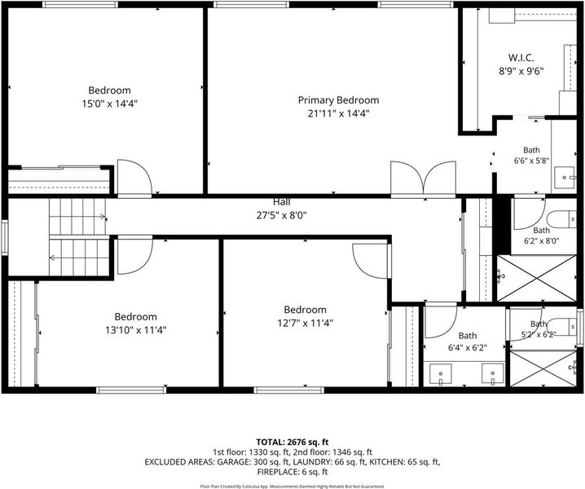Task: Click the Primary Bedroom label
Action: [x=338, y=100]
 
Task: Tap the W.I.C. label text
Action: [x=521, y=58]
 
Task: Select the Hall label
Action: [x=282, y=202]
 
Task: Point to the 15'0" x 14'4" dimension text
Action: [x=110, y=104]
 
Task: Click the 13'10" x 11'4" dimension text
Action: [x=135, y=330]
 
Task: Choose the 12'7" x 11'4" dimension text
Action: [x=306, y=323]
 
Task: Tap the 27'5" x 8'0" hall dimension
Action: [x=282, y=215]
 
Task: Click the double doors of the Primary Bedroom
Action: [x=423, y=178]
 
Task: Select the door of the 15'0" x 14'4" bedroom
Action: [x=134, y=178]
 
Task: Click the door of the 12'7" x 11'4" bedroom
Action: [x=371, y=261]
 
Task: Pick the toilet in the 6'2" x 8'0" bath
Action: [x=562, y=219]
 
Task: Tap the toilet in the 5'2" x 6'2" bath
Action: [x=563, y=327]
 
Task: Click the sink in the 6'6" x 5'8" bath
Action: [x=565, y=178]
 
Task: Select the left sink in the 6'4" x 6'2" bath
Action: [x=441, y=373]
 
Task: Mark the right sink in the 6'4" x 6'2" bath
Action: [x=492, y=373]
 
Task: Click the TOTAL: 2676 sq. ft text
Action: [x=292, y=443]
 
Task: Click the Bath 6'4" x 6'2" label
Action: [x=468, y=341]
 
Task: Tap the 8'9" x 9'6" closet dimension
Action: [x=521, y=71]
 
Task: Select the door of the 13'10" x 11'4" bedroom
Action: [x=134, y=257]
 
